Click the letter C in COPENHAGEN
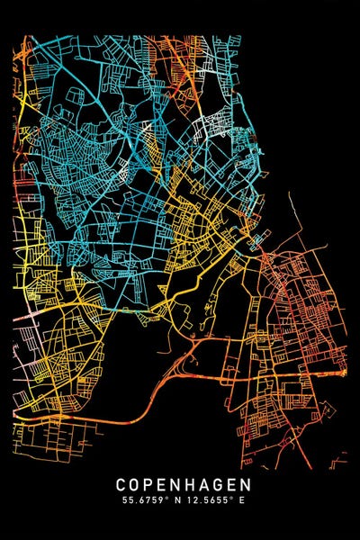[121, 484]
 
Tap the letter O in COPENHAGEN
[135, 484]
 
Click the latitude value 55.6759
[143, 499]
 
